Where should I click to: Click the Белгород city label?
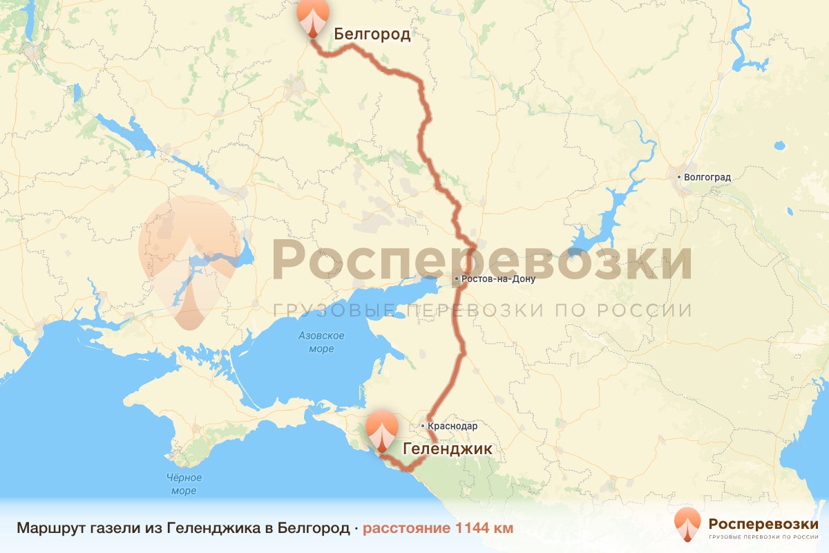[372, 35]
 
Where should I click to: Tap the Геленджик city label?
[447, 449]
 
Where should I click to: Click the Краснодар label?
[452, 427]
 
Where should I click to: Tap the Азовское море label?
[321, 342]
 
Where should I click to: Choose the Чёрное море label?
[184, 484]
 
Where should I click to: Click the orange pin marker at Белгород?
[313, 17]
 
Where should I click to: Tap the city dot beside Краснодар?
[422, 427]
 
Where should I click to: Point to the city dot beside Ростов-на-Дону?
[456, 279]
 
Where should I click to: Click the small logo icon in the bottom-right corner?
[688, 524]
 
